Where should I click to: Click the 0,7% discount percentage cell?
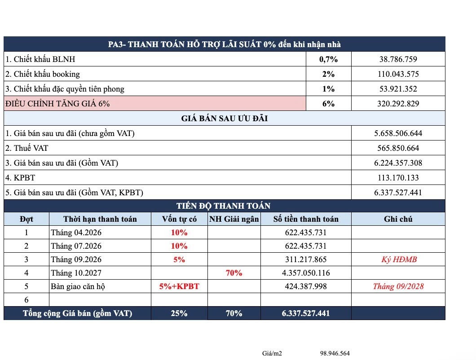[328, 59]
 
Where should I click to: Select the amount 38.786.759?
[398, 59]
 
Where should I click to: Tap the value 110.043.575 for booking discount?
[398, 74]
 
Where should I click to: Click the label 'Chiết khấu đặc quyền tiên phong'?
[65, 89]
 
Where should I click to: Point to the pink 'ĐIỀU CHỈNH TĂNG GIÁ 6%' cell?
[57, 104]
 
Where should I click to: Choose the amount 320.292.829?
[398, 104]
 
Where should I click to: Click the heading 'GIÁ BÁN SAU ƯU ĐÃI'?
[225, 119]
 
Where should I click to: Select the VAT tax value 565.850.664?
[398, 148]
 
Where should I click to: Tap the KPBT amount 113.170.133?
[398, 178]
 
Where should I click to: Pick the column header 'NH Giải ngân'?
[234, 219]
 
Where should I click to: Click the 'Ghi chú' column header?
[398, 219]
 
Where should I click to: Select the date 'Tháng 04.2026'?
[76, 233]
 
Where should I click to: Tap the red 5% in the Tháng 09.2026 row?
[179, 259]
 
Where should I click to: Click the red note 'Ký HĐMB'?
[398, 259]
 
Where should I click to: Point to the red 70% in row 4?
[234, 273]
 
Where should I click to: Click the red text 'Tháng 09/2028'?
[398, 286]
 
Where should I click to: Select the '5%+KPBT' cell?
[179, 286]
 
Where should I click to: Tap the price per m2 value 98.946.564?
[335, 353]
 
